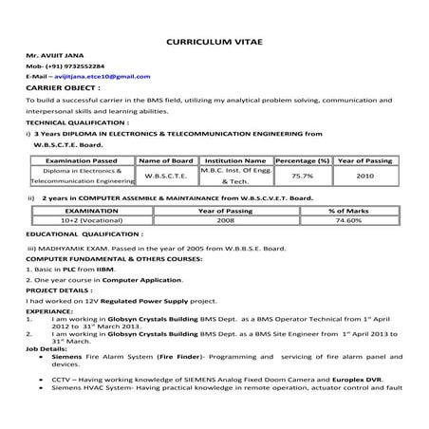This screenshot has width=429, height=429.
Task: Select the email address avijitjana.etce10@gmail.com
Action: (x=99, y=75)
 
